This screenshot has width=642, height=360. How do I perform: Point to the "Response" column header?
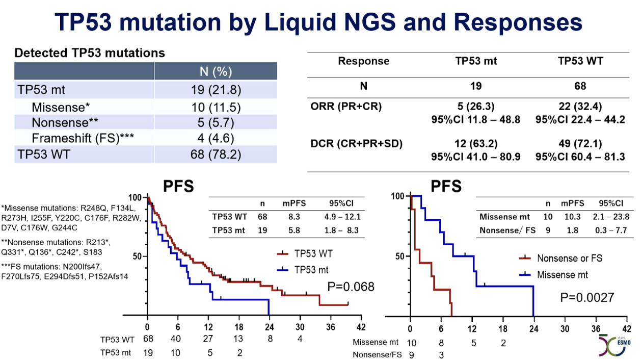click(x=363, y=61)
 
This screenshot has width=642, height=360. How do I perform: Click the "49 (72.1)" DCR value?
click(x=580, y=144)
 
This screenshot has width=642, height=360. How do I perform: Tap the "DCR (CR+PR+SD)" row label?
click(x=356, y=144)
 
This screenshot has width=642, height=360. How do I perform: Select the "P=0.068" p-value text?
click(x=350, y=287)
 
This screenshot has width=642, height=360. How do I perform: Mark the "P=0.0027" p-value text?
click(x=587, y=297)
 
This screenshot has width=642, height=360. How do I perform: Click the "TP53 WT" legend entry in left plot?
click(x=313, y=253)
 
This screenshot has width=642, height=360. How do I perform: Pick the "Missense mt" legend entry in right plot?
click(x=562, y=275)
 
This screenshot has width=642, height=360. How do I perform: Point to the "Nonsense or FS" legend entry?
click(x=569, y=258)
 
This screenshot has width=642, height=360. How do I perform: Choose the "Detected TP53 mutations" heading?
click(x=89, y=53)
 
